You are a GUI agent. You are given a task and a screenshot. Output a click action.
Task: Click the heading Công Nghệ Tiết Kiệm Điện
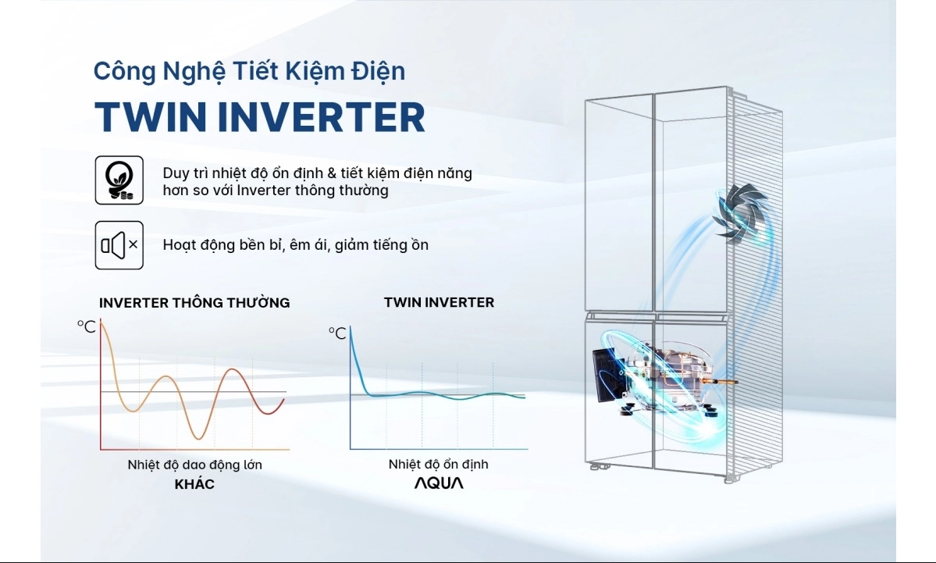click(x=250, y=72)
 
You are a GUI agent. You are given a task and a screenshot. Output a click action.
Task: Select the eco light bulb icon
click(x=119, y=180)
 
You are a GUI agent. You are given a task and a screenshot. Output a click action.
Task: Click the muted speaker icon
click(x=119, y=245)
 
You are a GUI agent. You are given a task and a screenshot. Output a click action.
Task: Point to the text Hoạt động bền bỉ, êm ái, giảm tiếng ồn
click(x=296, y=244)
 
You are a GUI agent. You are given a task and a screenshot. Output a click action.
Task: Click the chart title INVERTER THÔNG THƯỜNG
click(x=194, y=302)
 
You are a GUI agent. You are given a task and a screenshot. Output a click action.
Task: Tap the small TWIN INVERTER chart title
click(x=439, y=302)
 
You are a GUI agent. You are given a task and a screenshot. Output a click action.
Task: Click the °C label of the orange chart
click(x=86, y=326)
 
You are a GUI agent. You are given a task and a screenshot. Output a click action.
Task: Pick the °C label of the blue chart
click(x=337, y=333)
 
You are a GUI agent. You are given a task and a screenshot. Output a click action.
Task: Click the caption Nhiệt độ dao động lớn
click(x=194, y=465)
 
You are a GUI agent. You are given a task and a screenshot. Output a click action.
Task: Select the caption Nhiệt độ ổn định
click(x=438, y=465)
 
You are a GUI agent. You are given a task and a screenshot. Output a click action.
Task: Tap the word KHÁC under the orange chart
click(x=194, y=484)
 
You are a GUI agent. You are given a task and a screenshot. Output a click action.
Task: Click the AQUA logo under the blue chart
click(x=439, y=483)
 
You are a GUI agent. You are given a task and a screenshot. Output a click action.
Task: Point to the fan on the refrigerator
click(x=740, y=212)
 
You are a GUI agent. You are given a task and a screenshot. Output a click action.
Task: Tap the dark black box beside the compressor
click(x=607, y=375)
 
